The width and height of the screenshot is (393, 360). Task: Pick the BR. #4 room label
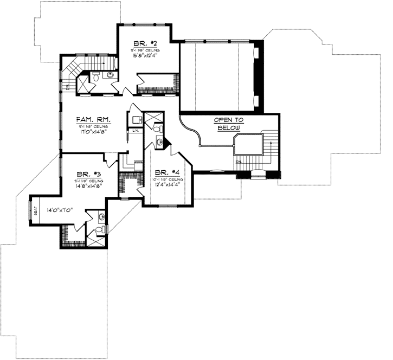[x=166, y=172]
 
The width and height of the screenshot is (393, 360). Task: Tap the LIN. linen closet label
[x=134, y=130]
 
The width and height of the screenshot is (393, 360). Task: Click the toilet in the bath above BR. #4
[x=158, y=129]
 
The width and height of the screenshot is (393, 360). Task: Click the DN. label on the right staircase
[x=237, y=162]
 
